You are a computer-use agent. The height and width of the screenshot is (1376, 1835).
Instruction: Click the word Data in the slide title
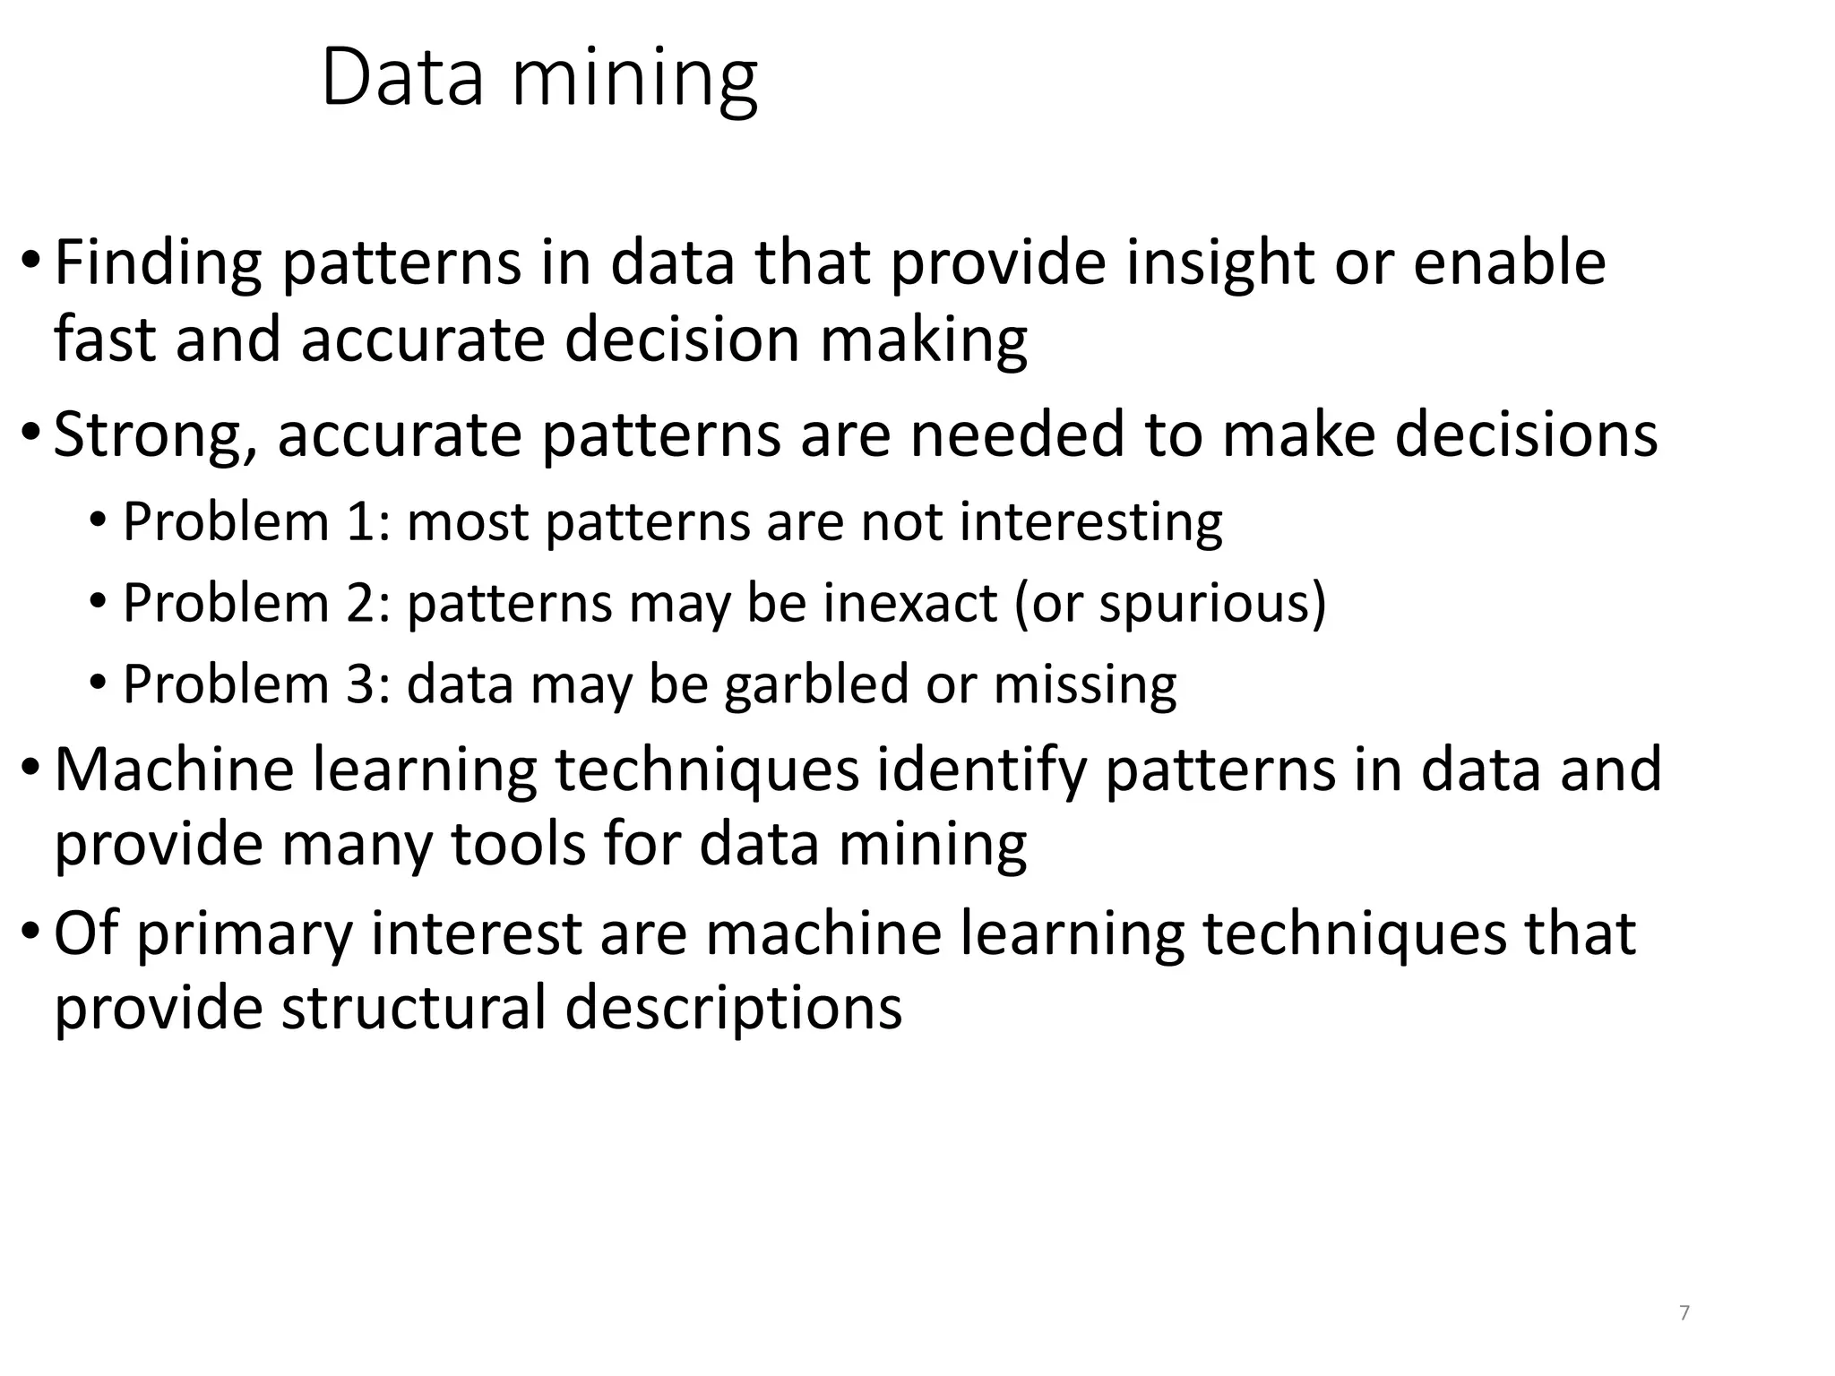pos(402,79)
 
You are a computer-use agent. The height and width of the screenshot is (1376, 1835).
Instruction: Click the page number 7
pos(1684,1313)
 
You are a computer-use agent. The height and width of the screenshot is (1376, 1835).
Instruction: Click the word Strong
pos(149,435)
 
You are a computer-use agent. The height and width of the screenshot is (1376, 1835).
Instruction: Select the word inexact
pos(909,603)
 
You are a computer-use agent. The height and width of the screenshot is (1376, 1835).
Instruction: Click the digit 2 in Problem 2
pos(362,602)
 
